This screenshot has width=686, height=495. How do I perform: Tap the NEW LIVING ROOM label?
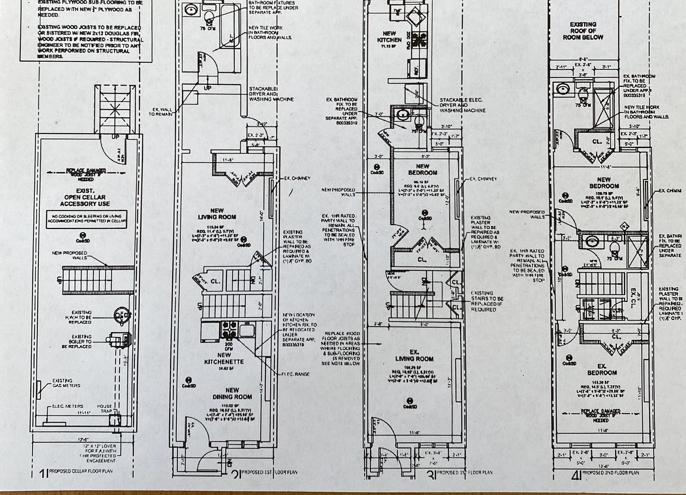(x=217, y=214)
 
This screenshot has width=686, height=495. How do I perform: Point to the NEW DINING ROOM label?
(x=232, y=394)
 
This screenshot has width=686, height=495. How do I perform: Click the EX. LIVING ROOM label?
(x=414, y=356)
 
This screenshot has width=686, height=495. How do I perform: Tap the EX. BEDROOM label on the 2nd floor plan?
(x=602, y=369)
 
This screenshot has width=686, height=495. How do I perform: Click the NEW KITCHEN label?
(x=389, y=37)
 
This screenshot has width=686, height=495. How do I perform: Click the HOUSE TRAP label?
(x=104, y=409)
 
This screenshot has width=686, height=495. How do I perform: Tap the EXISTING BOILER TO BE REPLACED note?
(x=77, y=341)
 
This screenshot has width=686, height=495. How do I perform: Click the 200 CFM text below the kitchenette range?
(x=228, y=346)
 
